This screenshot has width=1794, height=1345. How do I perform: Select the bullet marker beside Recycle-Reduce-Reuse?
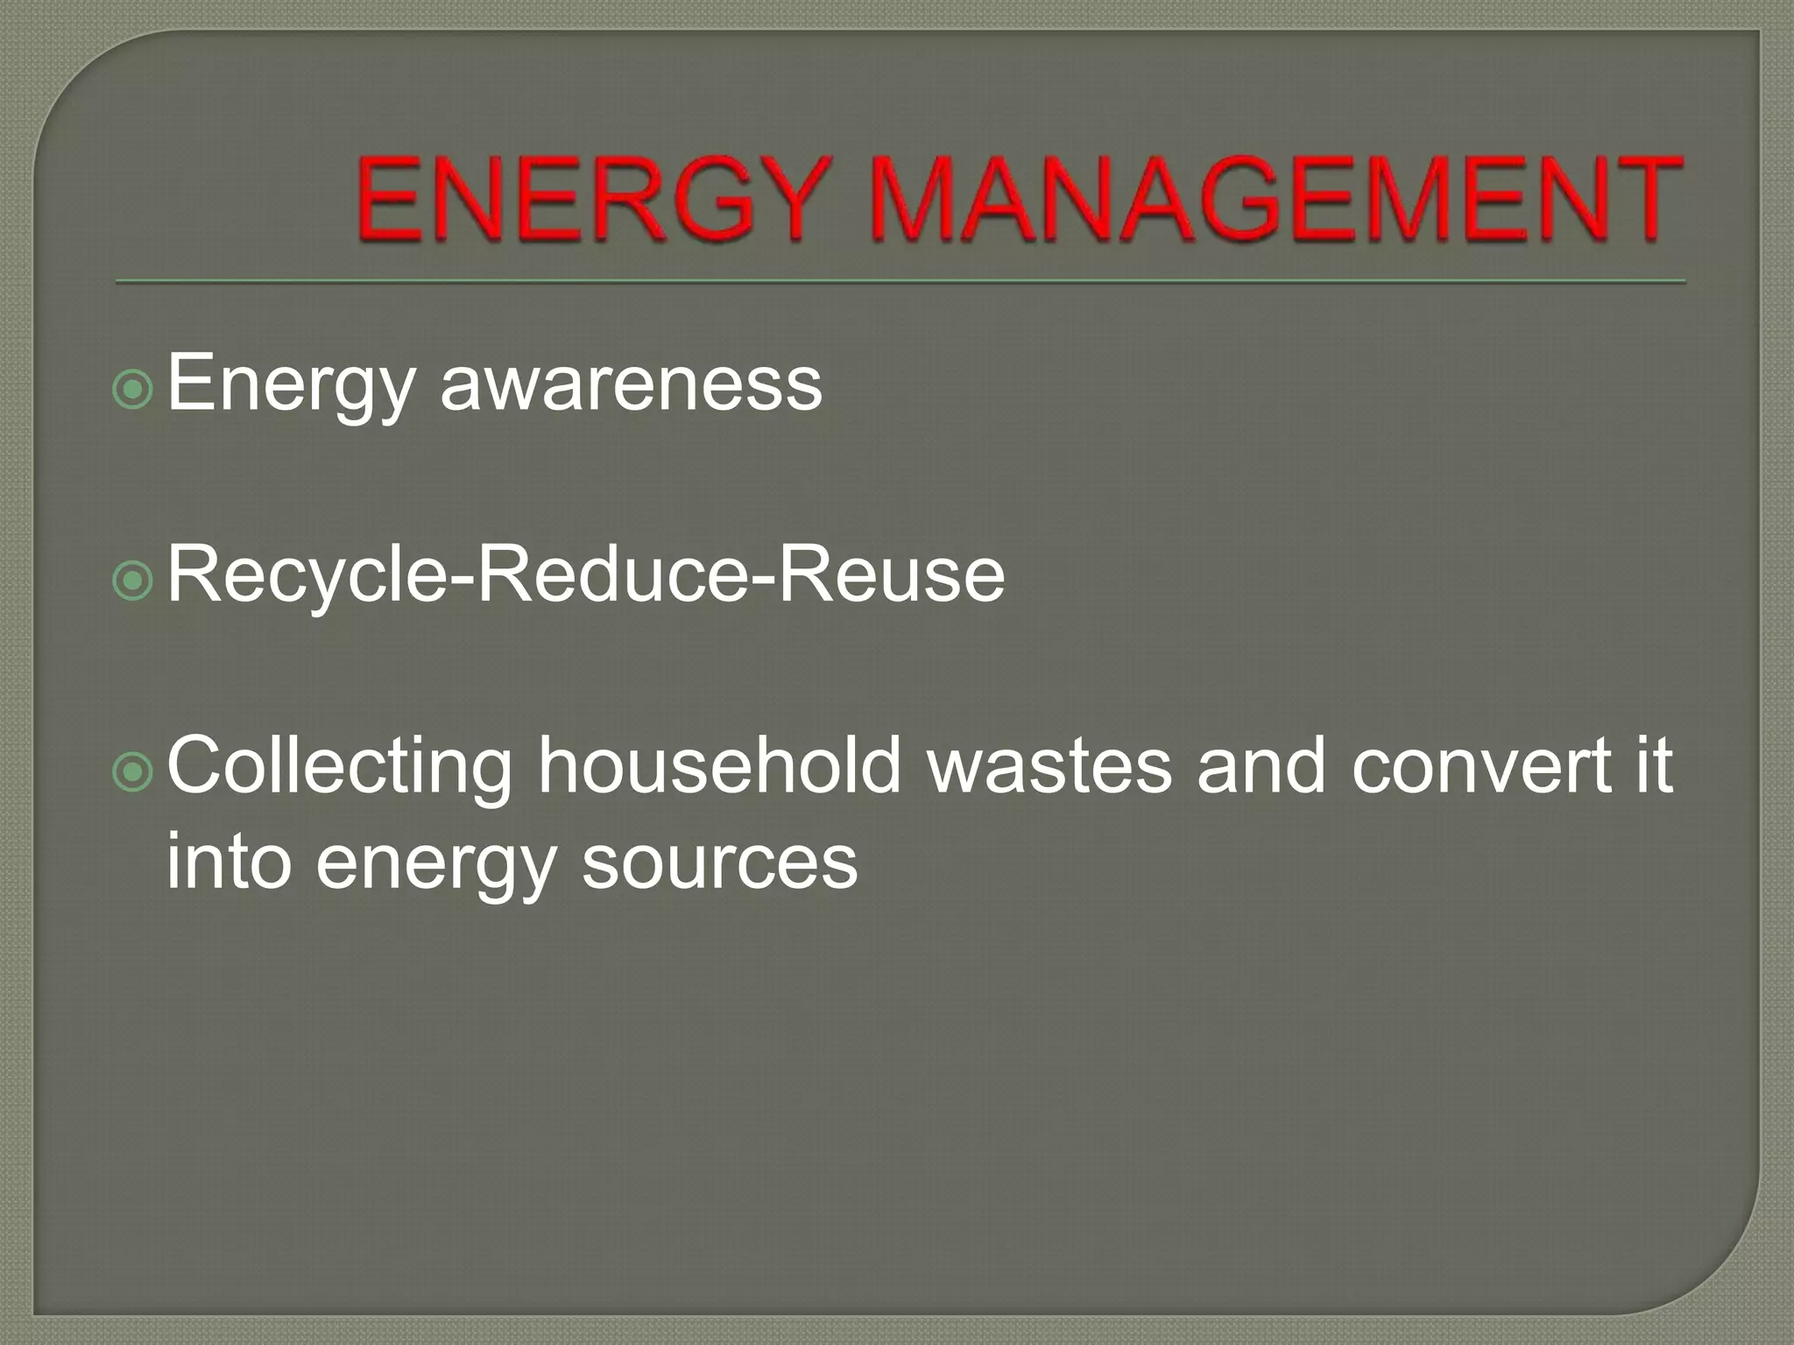click(134, 581)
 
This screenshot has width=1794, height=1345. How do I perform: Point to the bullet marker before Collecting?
click(134, 771)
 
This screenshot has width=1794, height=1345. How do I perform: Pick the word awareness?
click(631, 384)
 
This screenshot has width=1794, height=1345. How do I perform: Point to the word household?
click(719, 765)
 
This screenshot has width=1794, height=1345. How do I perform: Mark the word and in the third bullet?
click(1261, 766)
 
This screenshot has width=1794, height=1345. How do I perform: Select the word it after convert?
click(1652, 766)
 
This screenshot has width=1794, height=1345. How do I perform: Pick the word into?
click(228, 862)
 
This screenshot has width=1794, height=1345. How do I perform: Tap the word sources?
click(719, 863)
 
